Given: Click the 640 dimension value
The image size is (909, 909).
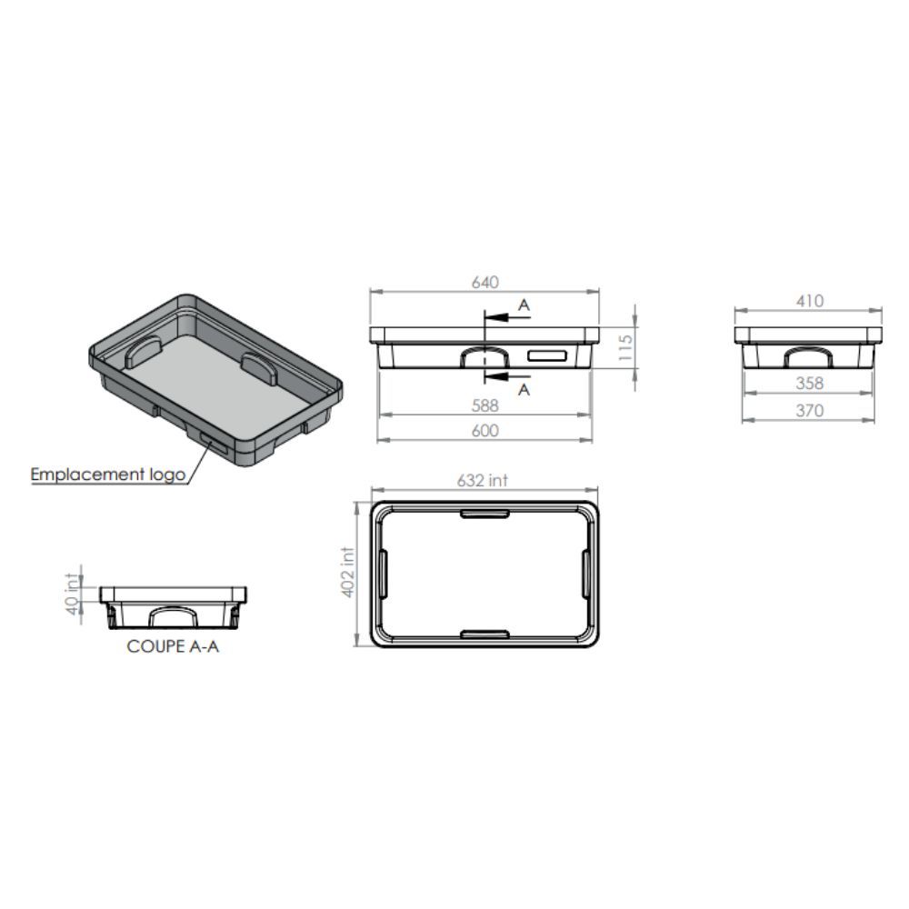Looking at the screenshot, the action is (x=484, y=283).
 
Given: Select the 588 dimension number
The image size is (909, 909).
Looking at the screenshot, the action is (x=484, y=405).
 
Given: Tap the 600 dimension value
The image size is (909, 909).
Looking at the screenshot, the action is (x=484, y=431).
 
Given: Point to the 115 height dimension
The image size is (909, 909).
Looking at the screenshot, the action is (x=625, y=347).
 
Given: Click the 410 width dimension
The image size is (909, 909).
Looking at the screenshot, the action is (x=809, y=301).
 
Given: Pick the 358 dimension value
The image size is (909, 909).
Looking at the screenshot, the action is (x=809, y=384).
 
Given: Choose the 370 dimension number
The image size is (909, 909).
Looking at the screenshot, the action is (x=809, y=411).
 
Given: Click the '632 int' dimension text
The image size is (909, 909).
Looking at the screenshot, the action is (x=482, y=481).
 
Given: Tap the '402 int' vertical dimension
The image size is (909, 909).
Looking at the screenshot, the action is (x=347, y=572).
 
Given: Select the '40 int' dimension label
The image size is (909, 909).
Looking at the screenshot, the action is (x=72, y=594).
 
